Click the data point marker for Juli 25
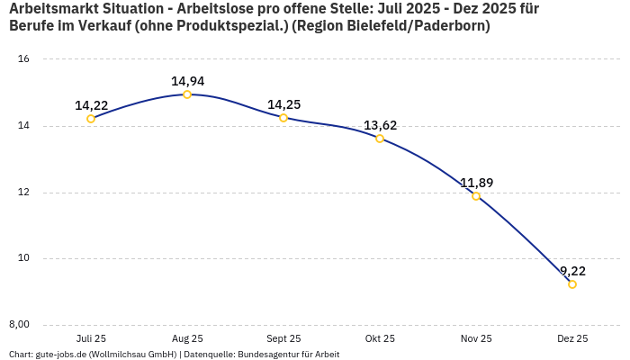[x=91, y=119]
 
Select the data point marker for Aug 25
[x=187, y=94]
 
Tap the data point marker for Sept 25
[x=283, y=118]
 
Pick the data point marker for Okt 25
[x=380, y=139]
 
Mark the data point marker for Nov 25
[x=476, y=196]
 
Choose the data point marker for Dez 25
[x=572, y=284]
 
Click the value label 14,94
[x=187, y=81]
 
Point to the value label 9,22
[x=572, y=271]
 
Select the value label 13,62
[x=380, y=125]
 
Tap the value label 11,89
[x=476, y=183]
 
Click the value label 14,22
[x=91, y=105]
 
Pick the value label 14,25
[x=283, y=104]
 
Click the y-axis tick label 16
[x=24, y=59]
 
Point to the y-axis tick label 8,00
[x=20, y=325]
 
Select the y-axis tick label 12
[x=24, y=193]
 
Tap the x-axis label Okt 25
[x=380, y=338]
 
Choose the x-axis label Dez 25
[x=572, y=338]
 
